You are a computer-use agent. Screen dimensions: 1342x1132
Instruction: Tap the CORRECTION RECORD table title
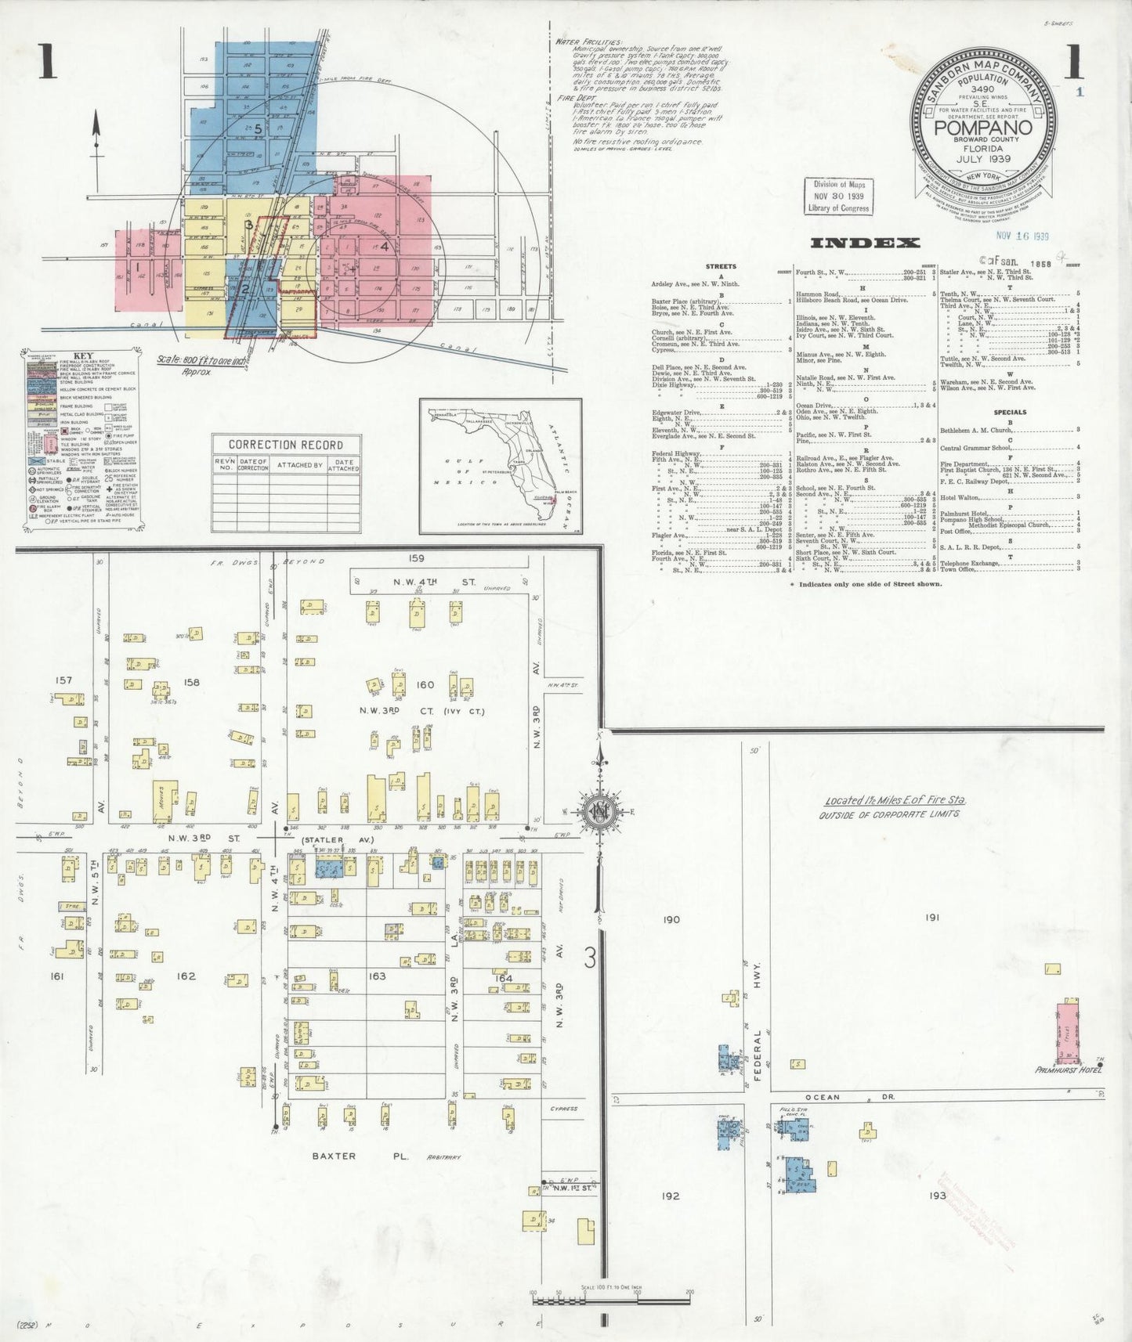(x=286, y=445)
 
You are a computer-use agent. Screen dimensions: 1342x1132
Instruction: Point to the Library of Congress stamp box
(x=837, y=197)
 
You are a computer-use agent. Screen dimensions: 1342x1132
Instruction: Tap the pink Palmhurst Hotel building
(x=1067, y=1026)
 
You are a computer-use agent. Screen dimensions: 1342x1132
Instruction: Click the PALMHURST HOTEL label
(x=1067, y=1070)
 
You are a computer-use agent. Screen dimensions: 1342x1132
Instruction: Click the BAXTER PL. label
(x=334, y=1156)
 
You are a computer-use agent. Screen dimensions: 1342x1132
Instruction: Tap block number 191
(x=931, y=917)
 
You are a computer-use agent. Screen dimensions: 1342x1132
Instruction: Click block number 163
(x=378, y=976)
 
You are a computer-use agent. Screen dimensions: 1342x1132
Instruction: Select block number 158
(x=191, y=682)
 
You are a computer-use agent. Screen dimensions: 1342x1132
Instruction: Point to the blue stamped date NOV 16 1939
(x=1022, y=236)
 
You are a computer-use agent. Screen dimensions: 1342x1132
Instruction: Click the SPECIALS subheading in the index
(x=1010, y=412)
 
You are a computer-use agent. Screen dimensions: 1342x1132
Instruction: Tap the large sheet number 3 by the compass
(x=590, y=958)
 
